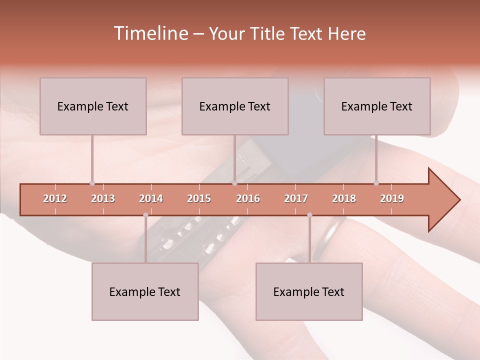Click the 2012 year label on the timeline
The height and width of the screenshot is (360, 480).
pyautogui.click(x=55, y=198)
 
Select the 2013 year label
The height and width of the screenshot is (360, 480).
pyautogui.click(x=103, y=198)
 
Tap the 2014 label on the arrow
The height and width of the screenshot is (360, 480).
pyautogui.click(x=151, y=198)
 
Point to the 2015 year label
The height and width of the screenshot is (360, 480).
pyautogui.click(x=199, y=198)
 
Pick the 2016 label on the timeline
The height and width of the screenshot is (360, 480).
pyautogui.click(x=248, y=198)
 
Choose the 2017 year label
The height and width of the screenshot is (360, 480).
pyautogui.click(x=296, y=198)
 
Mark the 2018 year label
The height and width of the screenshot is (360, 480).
pyautogui.click(x=344, y=198)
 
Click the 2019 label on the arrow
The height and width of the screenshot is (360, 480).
pyautogui.click(x=392, y=198)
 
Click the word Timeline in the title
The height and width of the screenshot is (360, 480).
pyautogui.click(x=150, y=33)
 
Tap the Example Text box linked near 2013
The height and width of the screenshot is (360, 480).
pyautogui.click(x=93, y=106)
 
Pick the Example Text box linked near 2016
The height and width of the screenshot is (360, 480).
pyautogui.click(x=235, y=106)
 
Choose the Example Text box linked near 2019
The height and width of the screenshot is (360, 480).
pyautogui.click(x=377, y=106)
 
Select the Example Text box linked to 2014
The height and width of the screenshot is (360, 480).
pyautogui.click(x=145, y=291)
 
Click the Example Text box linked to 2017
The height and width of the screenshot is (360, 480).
pyautogui.click(x=309, y=291)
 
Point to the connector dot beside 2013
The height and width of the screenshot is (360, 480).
pyautogui.click(x=92, y=183)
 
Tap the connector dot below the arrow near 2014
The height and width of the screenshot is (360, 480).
pyautogui.click(x=145, y=215)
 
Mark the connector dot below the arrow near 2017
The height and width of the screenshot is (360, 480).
pyautogui.click(x=309, y=215)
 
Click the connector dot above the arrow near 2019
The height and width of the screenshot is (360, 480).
pyautogui.click(x=376, y=183)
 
